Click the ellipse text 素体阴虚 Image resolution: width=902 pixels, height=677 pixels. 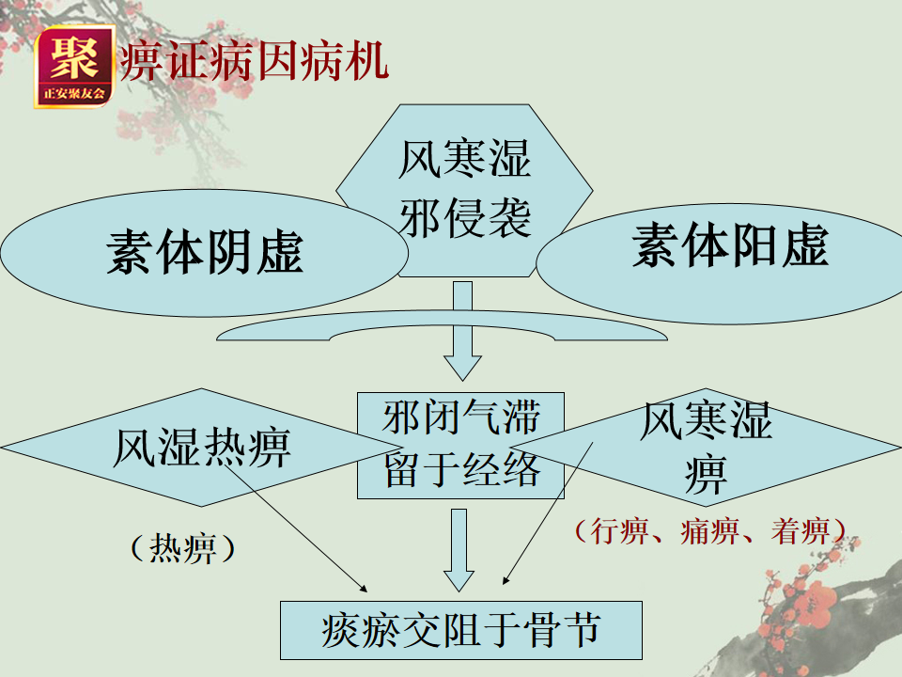point(205,252)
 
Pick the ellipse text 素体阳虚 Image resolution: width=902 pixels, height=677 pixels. point(730,246)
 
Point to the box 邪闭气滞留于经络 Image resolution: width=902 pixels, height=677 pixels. point(460,445)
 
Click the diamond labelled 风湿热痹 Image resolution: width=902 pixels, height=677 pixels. point(201,448)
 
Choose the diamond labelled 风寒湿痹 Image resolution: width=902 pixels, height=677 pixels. point(705,447)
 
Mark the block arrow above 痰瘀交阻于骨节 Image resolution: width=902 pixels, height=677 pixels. point(458,550)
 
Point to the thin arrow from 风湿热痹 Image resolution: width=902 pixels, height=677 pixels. point(301,527)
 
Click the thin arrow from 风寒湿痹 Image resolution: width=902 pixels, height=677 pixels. point(550,512)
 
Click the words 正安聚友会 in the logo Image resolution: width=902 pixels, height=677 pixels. point(73,95)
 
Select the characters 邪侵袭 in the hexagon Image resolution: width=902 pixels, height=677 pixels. point(465,218)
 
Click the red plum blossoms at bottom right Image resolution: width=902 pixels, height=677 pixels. point(808,602)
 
